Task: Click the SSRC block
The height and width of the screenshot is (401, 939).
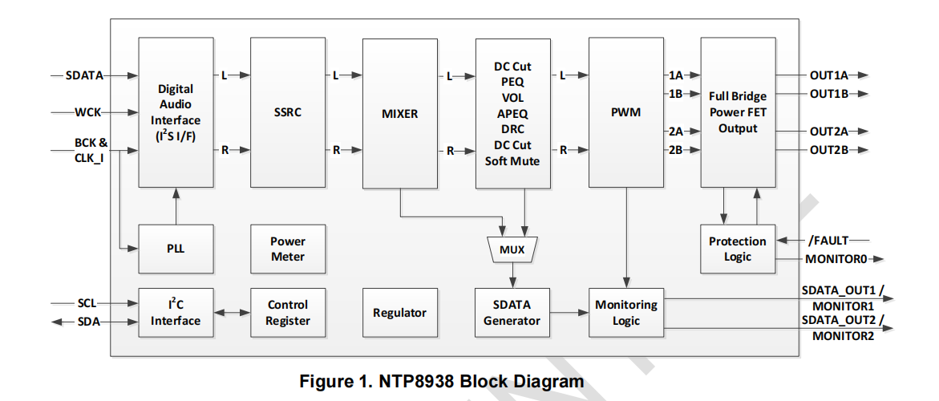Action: pos(288,112)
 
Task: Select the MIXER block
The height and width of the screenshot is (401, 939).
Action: pos(400,113)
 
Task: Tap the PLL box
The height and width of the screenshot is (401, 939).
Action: pos(176,249)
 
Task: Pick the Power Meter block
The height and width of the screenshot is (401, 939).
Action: pos(288,249)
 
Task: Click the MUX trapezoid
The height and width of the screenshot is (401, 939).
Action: pos(512,249)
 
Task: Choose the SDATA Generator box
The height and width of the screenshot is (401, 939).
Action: pos(512,313)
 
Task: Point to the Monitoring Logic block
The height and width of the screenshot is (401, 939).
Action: pos(626,313)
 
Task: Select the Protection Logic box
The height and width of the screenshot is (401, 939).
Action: pos(738,249)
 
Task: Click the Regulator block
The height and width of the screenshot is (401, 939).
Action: pos(400,313)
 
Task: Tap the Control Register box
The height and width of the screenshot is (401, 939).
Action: pos(288,313)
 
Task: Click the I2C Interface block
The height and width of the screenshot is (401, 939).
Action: pos(176,313)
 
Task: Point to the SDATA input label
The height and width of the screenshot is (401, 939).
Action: pos(84,75)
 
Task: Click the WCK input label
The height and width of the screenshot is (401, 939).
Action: pos(88,112)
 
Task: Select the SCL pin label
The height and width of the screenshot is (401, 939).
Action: pos(87,304)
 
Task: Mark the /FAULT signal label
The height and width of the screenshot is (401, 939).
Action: pos(828,240)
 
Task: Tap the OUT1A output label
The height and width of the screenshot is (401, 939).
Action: pos(828,75)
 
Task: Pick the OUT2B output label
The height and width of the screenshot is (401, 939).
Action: pos(828,150)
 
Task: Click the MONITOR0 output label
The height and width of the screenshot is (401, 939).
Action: pos(835,259)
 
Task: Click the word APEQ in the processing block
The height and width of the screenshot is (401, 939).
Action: pos(512,114)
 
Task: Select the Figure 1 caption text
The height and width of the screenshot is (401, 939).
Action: pos(442,381)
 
